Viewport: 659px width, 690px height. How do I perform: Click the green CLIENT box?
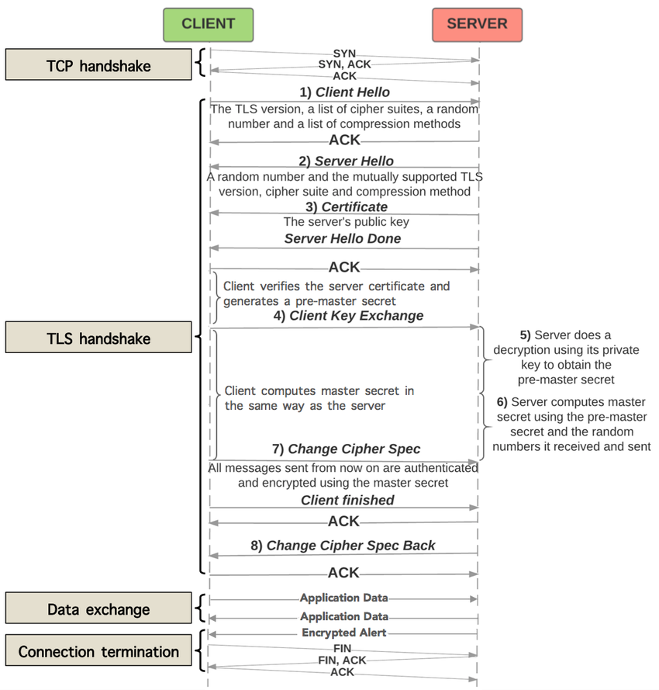pyautogui.click(x=208, y=24)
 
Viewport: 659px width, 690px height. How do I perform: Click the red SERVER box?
pyautogui.click(x=477, y=24)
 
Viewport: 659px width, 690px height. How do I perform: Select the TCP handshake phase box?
pyautogui.click(x=98, y=66)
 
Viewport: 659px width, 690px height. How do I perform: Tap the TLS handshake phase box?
pyautogui.click(x=98, y=338)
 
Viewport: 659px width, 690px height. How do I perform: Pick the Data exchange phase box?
pyautogui.click(x=98, y=609)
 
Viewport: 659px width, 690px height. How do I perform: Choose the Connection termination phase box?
pyautogui.click(x=98, y=652)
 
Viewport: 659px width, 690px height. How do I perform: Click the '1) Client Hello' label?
pyautogui.click(x=345, y=92)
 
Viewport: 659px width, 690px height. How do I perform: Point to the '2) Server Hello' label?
pyautogui.click(x=345, y=161)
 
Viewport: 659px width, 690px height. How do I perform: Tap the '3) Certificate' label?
pyautogui.click(x=345, y=206)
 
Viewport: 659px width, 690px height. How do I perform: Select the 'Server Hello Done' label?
pyautogui.click(x=343, y=239)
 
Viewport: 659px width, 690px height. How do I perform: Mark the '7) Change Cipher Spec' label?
pyautogui.click(x=345, y=449)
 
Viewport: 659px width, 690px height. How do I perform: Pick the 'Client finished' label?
pyautogui.click(x=347, y=501)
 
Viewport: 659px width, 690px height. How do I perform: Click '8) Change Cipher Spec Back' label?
pyautogui.click(x=343, y=546)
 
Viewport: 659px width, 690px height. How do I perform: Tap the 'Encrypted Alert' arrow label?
pyautogui.click(x=344, y=633)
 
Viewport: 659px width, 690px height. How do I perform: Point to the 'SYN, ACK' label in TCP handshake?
pyautogui.click(x=345, y=64)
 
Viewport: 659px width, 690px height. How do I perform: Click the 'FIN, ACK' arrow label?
pyautogui.click(x=343, y=660)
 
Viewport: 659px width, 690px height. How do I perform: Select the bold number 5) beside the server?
pyautogui.click(x=525, y=335)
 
